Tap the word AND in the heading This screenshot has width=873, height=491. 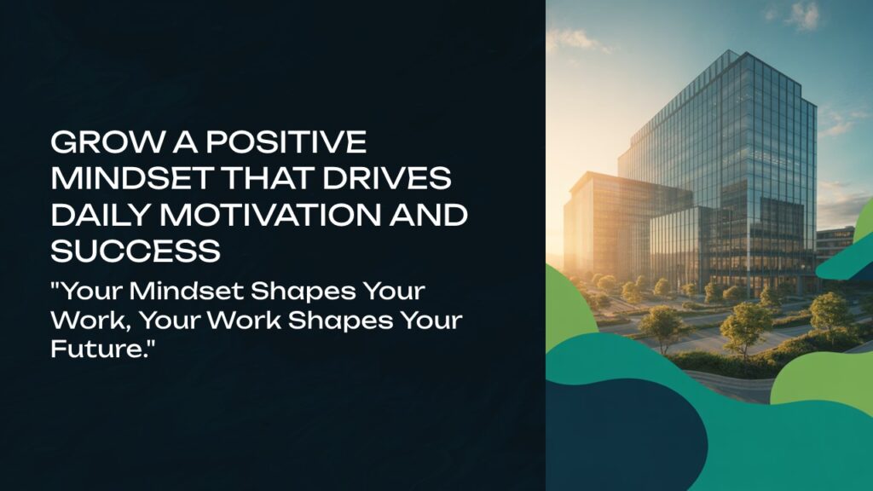pyautogui.click(x=428, y=215)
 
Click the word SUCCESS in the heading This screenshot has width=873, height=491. pyautogui.click(x=136, y=251)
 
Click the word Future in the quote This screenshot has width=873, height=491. pyautogui.click(x=95, y=349)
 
